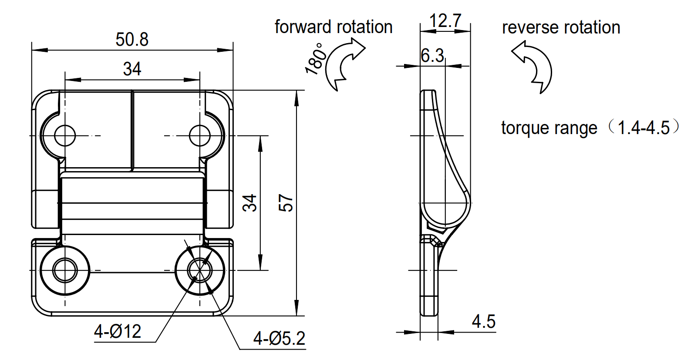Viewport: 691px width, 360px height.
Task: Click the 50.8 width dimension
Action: [x=132, y=40]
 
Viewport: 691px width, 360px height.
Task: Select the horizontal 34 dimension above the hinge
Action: [x=132, y=69]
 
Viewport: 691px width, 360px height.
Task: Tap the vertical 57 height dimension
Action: [x=286, y=203]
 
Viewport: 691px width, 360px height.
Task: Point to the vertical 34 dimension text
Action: [x=250, y=203]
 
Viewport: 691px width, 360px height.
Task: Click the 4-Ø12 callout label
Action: [x=118, y=332]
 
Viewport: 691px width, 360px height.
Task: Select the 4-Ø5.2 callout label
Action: [x=279, y=338]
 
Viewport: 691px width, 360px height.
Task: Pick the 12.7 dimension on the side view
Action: [x=445, y=20]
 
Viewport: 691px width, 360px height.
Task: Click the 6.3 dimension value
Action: [x=432, y=55]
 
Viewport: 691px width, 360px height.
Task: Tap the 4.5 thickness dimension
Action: [x=483, y=322]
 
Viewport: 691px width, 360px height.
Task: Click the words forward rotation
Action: [x=334, y=27]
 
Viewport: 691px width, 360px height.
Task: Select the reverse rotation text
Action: [x=561, y=27]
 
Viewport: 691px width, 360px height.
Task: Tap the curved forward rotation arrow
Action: [x=344, y=64]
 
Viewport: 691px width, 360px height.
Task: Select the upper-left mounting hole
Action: [x=65, y=135]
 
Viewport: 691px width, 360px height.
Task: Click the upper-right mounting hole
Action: [x=200, y=135]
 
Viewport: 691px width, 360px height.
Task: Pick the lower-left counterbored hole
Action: [x=65, y=270]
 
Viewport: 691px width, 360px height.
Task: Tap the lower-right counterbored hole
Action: [x=200, y=270]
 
